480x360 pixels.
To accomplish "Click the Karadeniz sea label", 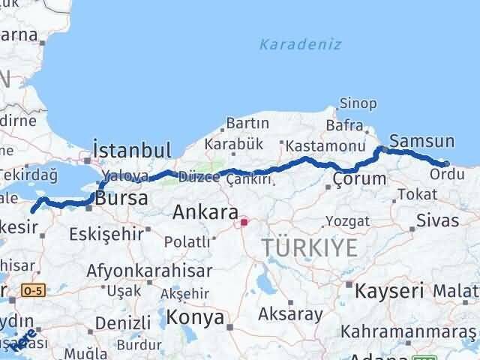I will tap(300, 44).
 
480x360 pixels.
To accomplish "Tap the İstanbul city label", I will tap(132, 148).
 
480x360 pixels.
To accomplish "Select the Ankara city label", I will tap(205, 212).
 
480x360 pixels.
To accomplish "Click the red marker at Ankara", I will tap(244, 222).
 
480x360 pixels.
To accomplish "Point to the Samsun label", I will tap(422, 141).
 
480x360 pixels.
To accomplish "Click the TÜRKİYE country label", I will tap(307, 244).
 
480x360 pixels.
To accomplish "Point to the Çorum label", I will tap(359, 178).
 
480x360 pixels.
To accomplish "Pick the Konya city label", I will tap(195, 317).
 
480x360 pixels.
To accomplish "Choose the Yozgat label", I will tap(348, 220).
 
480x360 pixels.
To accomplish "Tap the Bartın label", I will tap(247, 122).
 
